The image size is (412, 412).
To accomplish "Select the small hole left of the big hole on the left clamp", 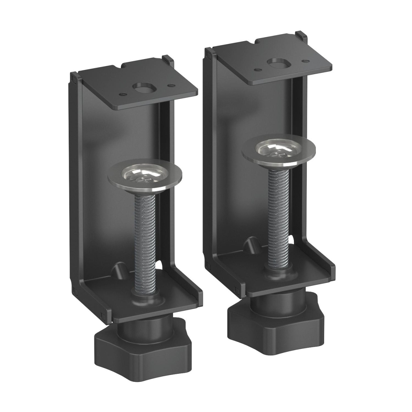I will click(x=121, y=93).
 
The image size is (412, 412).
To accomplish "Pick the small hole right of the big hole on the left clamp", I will click(x=169, y=85).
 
